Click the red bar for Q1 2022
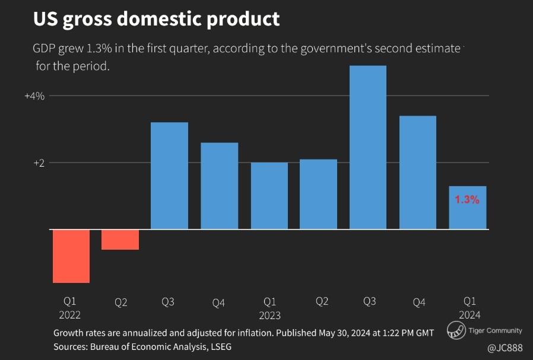(x=71, y=256)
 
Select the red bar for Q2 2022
(x=120, y=239)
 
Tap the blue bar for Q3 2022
(x=170, y=176)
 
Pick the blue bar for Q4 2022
(x=220, y=186)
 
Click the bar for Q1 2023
(x=269, y=196)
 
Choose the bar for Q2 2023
(x=319, y=194)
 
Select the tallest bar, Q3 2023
(x=368, y=147)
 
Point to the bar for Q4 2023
(x=418, y=172)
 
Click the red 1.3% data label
(x=467, y=200)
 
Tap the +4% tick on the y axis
(x=34, y=95)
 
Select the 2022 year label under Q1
(x=70, y=315)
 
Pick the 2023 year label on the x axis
(x=269, y=315)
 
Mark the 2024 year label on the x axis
(x=469, y=315)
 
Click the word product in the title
(x=244, y=19)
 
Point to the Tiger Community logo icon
(x=456, y=331)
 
